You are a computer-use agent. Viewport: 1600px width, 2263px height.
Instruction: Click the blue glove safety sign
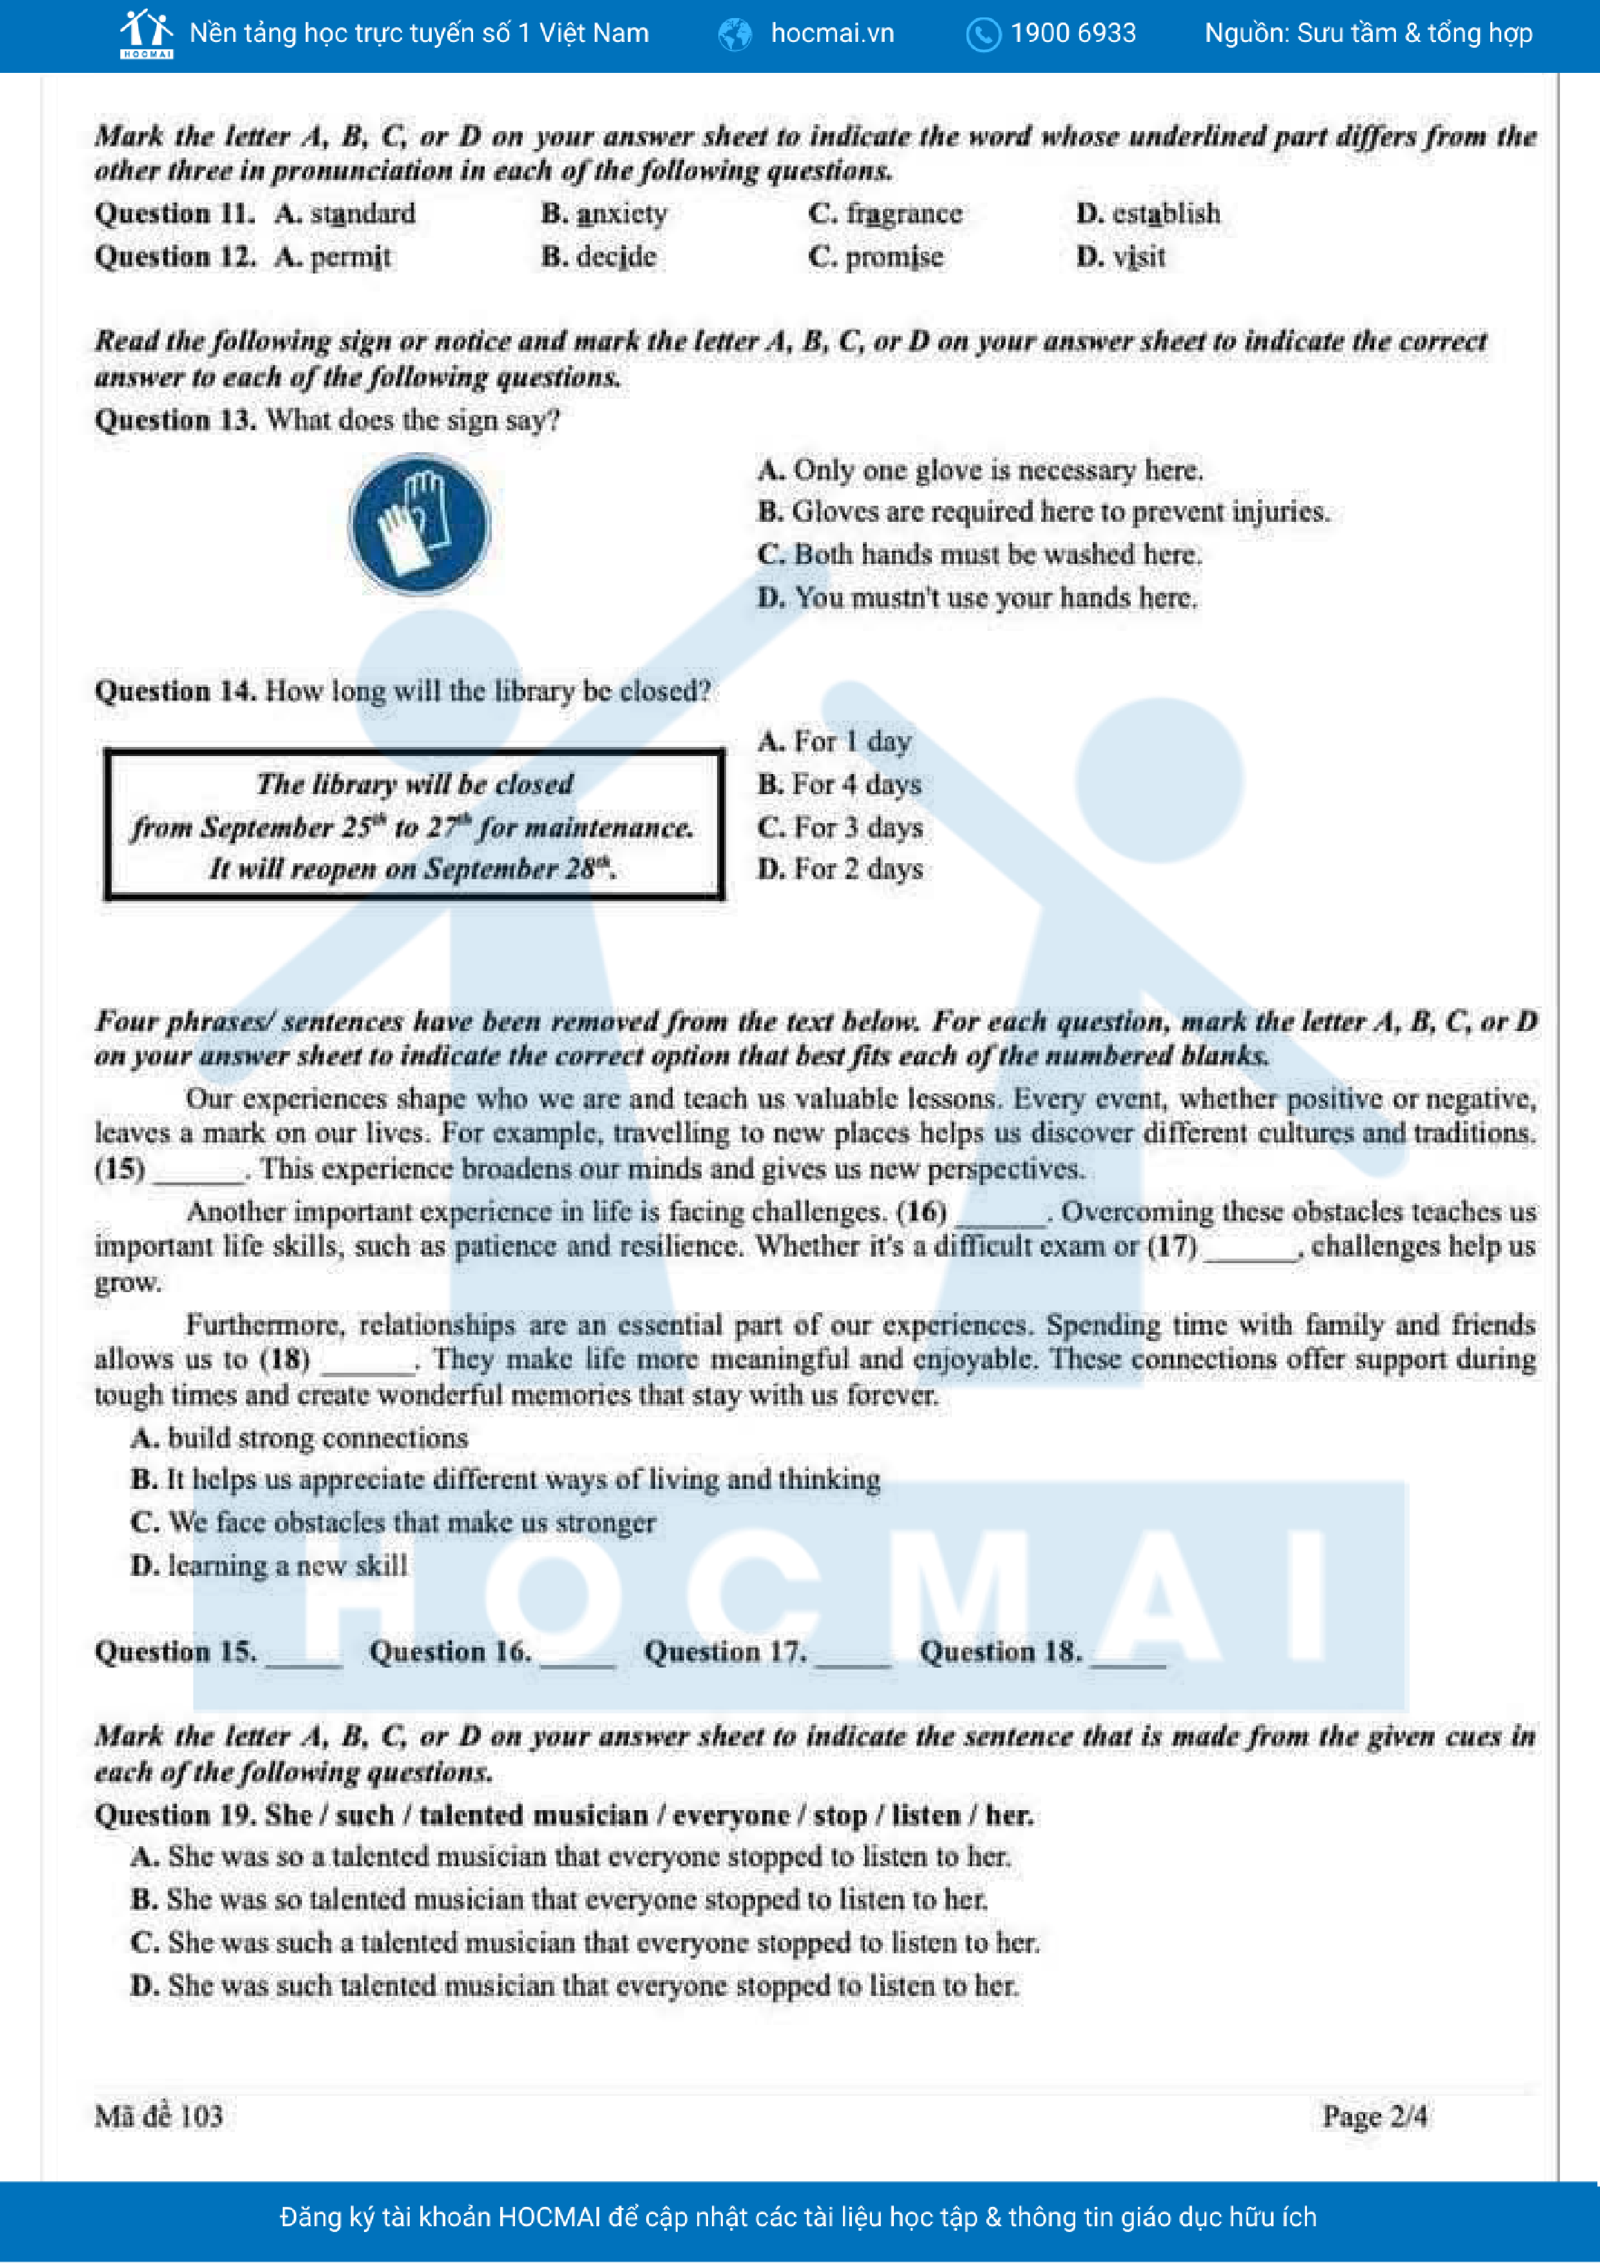tap(420, 524)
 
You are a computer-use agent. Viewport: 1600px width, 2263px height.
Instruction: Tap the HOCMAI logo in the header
tap(146, 34)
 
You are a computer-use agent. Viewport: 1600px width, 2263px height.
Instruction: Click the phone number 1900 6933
tap(1073, 34)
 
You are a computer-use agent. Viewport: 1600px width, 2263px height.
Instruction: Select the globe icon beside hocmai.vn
tap(735, 34)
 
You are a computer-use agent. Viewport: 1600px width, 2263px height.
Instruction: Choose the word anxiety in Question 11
tap(621, 214)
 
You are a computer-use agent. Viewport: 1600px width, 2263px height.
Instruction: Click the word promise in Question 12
tap(893, 257)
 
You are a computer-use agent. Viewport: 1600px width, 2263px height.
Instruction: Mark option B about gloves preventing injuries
tap(1043, 512)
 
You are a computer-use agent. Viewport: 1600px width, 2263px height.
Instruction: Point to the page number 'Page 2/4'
tap(1374, 2116)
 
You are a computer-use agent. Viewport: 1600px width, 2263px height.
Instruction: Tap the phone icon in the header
tap(983, 34)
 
